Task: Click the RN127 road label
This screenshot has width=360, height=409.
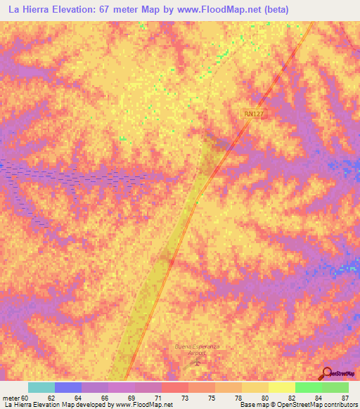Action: (255, 113)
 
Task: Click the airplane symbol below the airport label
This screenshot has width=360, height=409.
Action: (196, 363)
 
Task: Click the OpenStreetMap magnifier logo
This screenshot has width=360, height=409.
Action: (326, 372)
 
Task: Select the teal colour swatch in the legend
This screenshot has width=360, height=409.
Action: (41, 387)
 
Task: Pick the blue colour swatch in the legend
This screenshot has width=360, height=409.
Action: (68, 387)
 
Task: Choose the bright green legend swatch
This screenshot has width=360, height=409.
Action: (308, 387)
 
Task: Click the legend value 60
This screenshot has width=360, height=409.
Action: (26, 398)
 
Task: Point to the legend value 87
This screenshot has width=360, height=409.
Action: (345, 398)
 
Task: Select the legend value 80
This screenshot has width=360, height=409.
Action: (264, 398)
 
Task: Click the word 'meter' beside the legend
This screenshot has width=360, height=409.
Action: (11, 398)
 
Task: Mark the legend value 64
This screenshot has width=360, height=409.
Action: (78, 398)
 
